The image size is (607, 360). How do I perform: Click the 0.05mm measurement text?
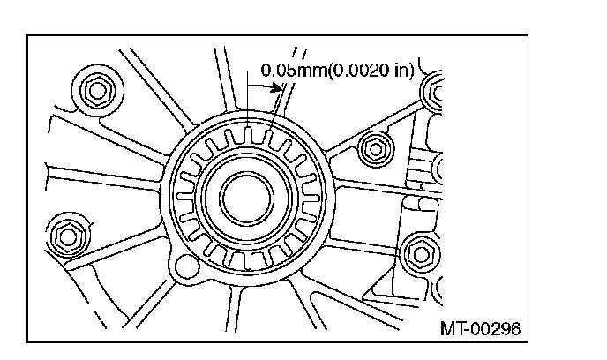click(294, 70)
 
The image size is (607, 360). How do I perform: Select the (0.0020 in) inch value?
click(371, 70)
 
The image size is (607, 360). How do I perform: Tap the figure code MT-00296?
click(481, 328)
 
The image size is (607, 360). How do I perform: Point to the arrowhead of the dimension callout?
click(277, 87)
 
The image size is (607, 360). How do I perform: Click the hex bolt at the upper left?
click(97, 91)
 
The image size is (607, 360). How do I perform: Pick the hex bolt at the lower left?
click(68, 236)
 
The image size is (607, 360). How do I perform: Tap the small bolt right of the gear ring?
click(376, 149)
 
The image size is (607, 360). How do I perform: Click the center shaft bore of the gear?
click(247, 199)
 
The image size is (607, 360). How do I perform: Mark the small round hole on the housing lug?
click(187, 266)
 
